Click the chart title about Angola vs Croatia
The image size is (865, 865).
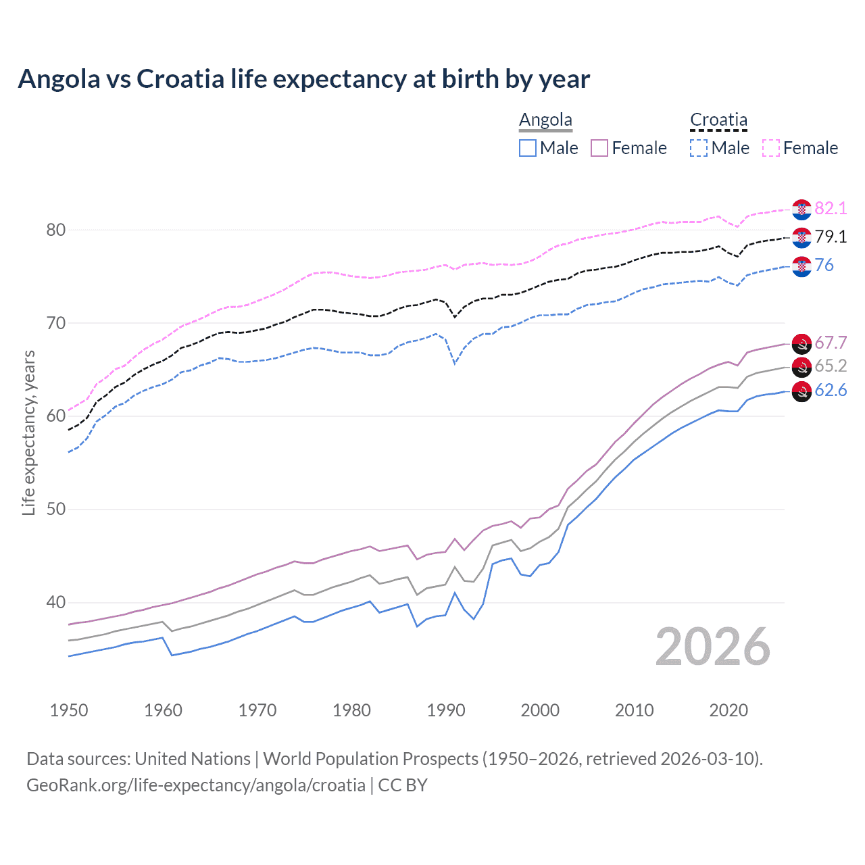[304, 79]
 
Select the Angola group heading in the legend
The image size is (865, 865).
[545, 120]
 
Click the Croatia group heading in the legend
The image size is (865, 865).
[718, 120]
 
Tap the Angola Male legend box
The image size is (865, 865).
[528, 148]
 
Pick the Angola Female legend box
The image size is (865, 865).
[599, 148]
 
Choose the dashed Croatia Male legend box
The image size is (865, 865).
[699, 148]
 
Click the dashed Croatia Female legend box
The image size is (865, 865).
[771, 148]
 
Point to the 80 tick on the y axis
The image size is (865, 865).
[56, 230]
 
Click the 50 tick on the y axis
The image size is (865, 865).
[56, 509]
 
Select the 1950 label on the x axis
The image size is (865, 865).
[69, 710]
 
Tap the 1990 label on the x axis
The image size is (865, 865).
[446, 710]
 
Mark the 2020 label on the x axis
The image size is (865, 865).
[728, 710]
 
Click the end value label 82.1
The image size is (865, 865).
[831, 208]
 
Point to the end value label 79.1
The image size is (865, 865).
[831, 237]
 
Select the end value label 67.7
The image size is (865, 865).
[831, 343]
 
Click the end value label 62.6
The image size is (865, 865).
[831, 391]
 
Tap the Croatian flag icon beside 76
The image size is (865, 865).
[801, 267]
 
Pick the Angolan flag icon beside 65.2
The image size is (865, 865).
[801, 368]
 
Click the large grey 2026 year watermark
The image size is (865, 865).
[713, 647]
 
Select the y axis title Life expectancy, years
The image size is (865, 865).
[28, 432]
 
